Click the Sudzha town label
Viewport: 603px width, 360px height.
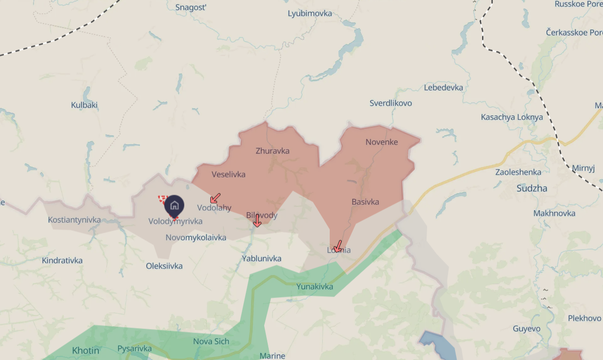(x=532, y=188)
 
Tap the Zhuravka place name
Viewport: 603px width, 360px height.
(x=272, y=151)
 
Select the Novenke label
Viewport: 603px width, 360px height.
(x=382, y=142)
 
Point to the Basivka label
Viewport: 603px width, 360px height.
(x=365, y=202)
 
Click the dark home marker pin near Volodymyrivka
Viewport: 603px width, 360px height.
(x=174, y=206)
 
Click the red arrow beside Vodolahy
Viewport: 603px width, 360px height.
(x=215, y=198)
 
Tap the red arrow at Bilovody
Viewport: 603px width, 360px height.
(x=257, y=220)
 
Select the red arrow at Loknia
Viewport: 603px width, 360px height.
(x=338, y=246)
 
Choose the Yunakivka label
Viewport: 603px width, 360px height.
(x=315, y=287)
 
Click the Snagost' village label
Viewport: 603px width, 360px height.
(x=191, y=7)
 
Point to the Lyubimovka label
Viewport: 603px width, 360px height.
(x=310, y=13)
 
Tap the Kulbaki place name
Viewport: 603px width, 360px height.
(x=84, y=105)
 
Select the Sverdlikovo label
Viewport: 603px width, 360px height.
(x=391, y=103)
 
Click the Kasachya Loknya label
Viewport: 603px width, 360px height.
(x=512, y=117)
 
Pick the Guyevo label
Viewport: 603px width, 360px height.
(x=527, y=329)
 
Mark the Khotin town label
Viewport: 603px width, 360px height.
(x=86, y=350)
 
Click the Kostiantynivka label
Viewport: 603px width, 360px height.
(x=74, y=220)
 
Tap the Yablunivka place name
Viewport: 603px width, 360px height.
(x=261, y=258)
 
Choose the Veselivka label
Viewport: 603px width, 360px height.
(x=228, y=174)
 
